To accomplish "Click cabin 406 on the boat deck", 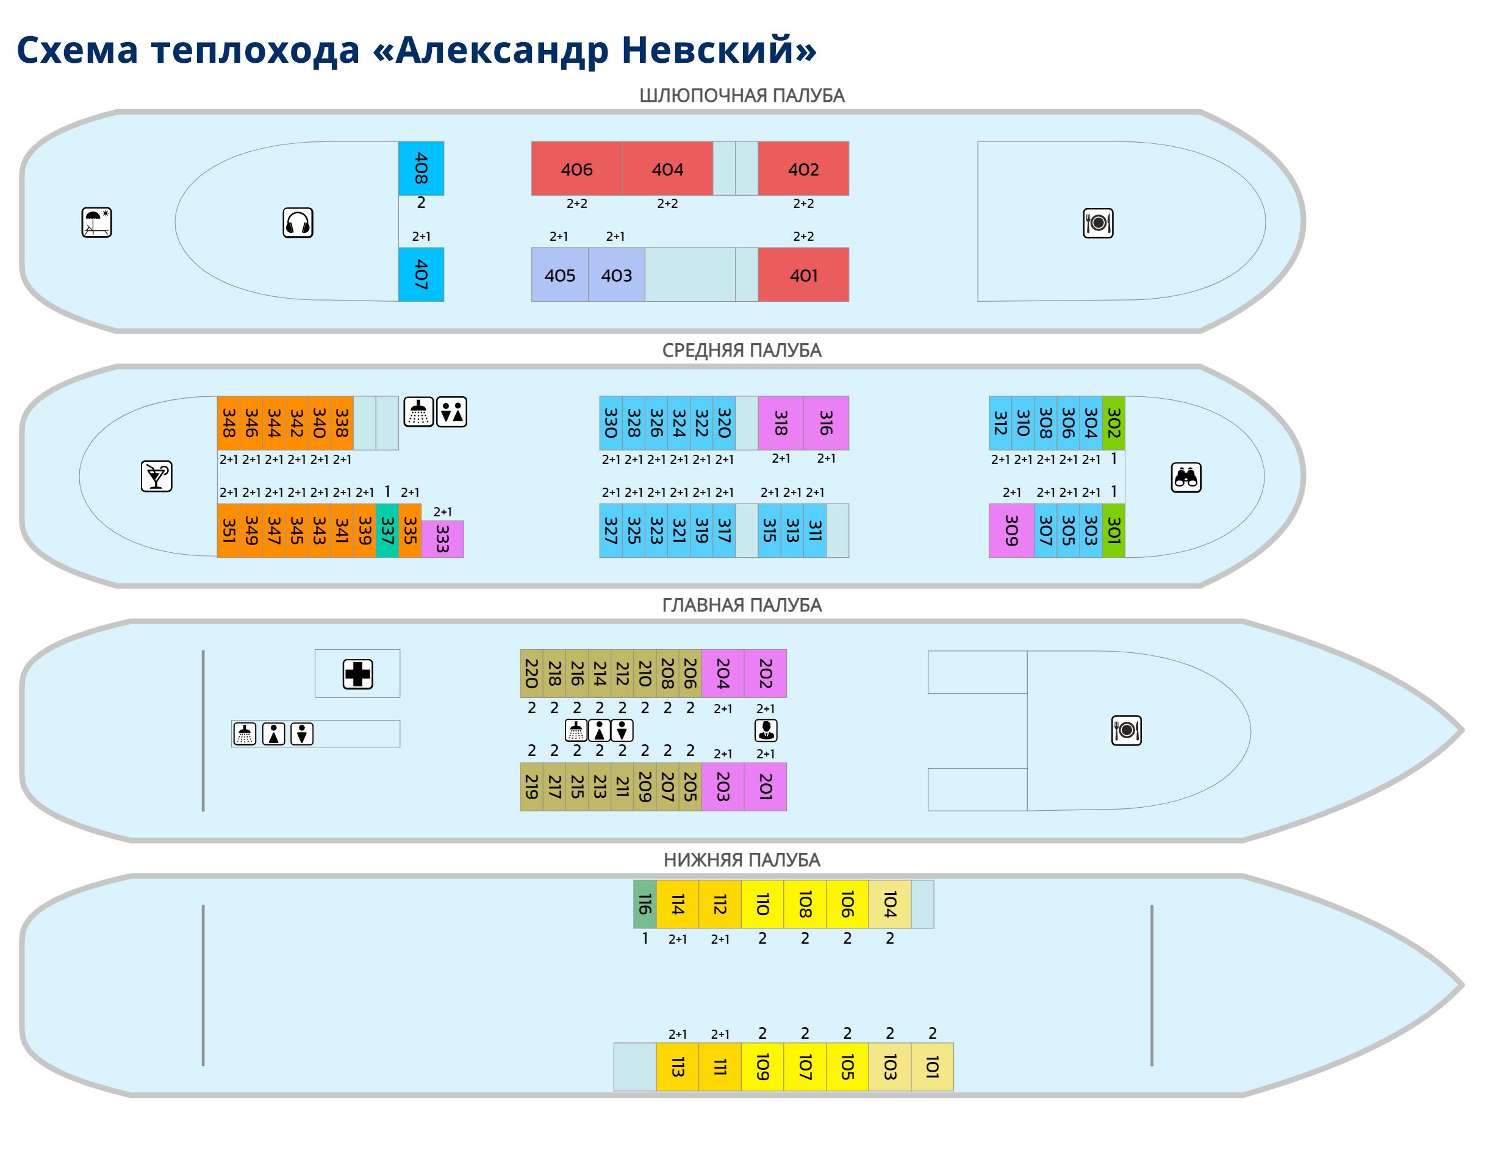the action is pos(576,168).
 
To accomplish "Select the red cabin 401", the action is pos(803,274).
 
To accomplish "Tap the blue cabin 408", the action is pos(421,168).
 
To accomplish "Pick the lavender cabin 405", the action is pos(559,274).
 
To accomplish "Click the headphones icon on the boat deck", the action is pos(298,223).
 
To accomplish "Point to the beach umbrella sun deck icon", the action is pos(96,223).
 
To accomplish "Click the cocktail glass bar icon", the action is pos(156,477).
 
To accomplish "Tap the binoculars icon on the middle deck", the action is pos(1186,477).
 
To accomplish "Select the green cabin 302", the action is pos(1113,422).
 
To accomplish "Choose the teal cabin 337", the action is pos(387,531).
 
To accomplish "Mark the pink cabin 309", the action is pos(1011,531).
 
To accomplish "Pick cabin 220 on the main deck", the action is pos(531,674).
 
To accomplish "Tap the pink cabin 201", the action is pos(766,786).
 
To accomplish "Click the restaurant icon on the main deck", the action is pos(1126,730).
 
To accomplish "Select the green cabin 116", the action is pos(644,904).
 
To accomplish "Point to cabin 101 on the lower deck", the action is pos(931,1067).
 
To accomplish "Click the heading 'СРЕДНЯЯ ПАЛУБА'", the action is pos(742,350).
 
